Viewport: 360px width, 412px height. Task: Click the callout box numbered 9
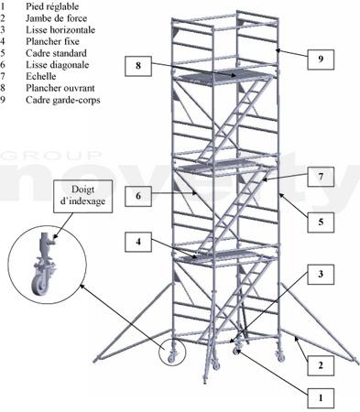tap(321, 59)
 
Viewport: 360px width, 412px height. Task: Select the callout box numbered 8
tap(138, 66)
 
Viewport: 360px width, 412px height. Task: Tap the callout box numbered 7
tap(321, 177)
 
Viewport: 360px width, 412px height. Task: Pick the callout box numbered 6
tap(138, 196)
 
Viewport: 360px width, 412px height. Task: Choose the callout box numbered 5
tap(321, 222)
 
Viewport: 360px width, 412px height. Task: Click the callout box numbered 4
tap(138, 242)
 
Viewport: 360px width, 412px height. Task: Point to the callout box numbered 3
tap(321, 275)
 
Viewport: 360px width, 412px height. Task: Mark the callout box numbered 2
tap(321, 365)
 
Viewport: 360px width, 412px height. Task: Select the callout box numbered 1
tap(321, 398)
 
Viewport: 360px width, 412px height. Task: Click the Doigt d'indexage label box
tap(83, 196)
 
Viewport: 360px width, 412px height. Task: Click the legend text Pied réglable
tap(52, 6)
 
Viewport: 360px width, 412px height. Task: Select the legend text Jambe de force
tap(56, 18)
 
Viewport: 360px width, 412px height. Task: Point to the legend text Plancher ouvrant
tap(60, 88)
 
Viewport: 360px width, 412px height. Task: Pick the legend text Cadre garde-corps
tap(63, 100)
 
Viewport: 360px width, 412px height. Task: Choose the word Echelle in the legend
tap(41, 76)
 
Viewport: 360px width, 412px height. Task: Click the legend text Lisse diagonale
tap(58, 65)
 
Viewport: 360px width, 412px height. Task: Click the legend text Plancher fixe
tap(52, 41)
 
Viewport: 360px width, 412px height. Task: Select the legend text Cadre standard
tap(56, 53)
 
